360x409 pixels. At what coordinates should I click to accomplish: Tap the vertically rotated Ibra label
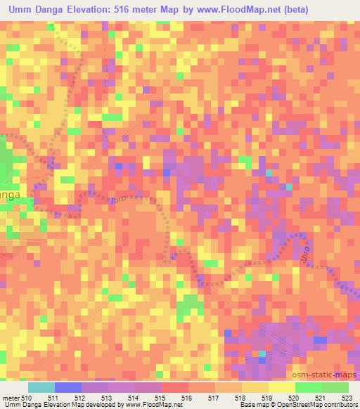point(306,252)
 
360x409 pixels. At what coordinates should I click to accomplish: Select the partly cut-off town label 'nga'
point(10,193)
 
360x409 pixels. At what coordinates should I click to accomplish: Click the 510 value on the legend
point(27,398)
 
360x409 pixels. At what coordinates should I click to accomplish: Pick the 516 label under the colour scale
point(187,398)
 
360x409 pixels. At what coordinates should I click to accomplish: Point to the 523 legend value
point(348,398)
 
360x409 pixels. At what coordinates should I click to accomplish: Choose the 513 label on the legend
point(107,398)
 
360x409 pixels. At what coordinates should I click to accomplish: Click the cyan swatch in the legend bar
point(40,387)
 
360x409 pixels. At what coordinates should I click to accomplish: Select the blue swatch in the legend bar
point(67,387)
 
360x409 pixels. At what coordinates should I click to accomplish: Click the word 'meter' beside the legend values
point(11,398)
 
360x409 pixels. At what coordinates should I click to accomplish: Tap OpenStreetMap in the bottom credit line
point(299,405)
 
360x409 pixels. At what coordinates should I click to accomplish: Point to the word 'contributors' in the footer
point(340,405)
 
